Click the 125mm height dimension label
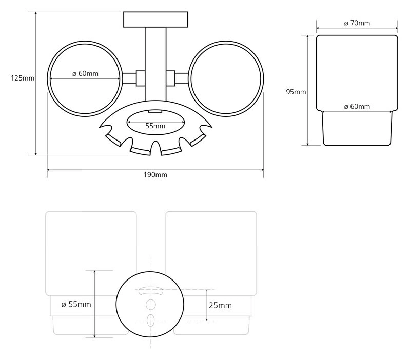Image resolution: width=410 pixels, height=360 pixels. (23, 78)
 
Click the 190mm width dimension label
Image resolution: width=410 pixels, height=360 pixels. (155, 175)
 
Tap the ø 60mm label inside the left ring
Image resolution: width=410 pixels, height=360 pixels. (86, 74)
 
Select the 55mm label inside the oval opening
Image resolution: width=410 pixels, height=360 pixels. (155, 126)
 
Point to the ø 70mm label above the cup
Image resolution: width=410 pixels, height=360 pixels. (357, 23)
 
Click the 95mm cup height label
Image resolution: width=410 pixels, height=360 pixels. (296, 92)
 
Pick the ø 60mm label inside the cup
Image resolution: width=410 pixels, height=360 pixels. (357, 107)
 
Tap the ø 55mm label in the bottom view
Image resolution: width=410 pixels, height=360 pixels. (76, 304)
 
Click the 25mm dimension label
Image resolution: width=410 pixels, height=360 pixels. (221, 306)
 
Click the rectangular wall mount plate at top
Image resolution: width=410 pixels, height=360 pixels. (155, 19)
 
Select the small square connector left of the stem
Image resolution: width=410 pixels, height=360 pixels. (141, 78)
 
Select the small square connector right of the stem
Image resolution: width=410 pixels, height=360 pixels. (170, 78)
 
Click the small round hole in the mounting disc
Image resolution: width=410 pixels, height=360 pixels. (150, 305)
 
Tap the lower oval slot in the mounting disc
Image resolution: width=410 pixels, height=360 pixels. (151, 321)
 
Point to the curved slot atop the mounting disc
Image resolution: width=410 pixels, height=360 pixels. (151, 290)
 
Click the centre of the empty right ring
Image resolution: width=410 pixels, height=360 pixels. (226, 78)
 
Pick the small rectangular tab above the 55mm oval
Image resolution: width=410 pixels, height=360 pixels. (155, 111)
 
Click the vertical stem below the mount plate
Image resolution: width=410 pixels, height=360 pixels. (155, 64)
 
